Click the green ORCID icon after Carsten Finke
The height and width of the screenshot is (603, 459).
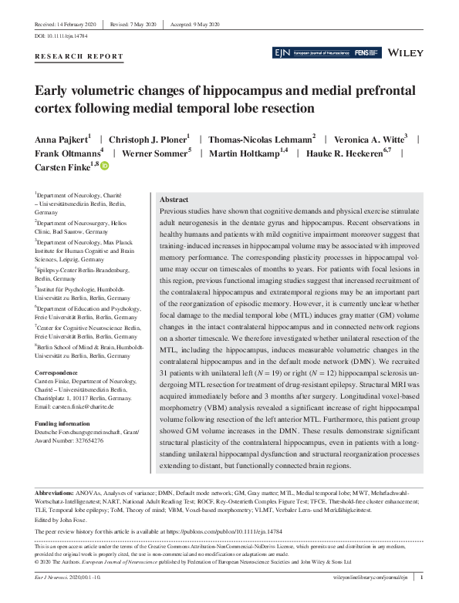click(x=105, y=166)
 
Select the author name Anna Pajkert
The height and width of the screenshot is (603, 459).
click(x=62, y=140)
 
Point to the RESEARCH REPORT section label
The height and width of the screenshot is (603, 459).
click(x=79, y=56)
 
